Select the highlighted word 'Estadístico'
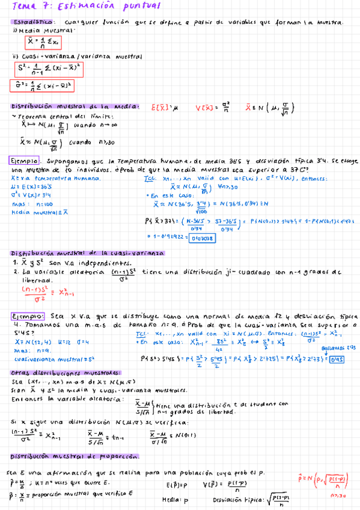(x=29, y=22)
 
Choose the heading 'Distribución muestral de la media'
(x=75, y=106)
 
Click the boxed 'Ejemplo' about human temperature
(x=25, y=161)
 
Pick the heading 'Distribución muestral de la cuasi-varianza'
(x=87, y=254)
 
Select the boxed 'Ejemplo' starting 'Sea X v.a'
(x=28, y=315)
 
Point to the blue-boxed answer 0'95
(x=337, y=359)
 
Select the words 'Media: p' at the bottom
(x=175, y=500)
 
